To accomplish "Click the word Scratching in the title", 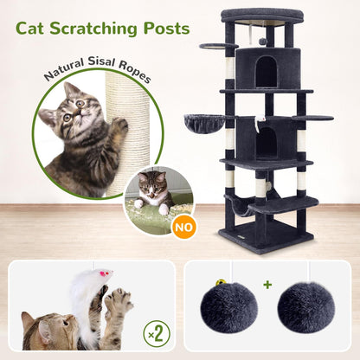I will (x=93, y=29).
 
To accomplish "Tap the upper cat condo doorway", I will (x=267, y=73).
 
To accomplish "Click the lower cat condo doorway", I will (x=267, y=142).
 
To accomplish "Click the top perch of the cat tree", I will (x=262, y=16).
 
